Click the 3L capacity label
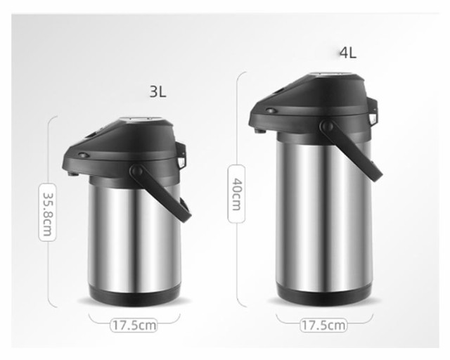coord(157,92)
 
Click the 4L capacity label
coord(348,53)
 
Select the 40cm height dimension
coord(237,194)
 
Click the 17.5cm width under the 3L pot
coord(134,326)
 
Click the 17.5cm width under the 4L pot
coord(323,326)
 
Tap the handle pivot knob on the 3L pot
coord(136,171)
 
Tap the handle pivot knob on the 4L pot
coord(327,126)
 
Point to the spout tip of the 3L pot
coord(73,174)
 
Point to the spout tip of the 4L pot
coord(260,131)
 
